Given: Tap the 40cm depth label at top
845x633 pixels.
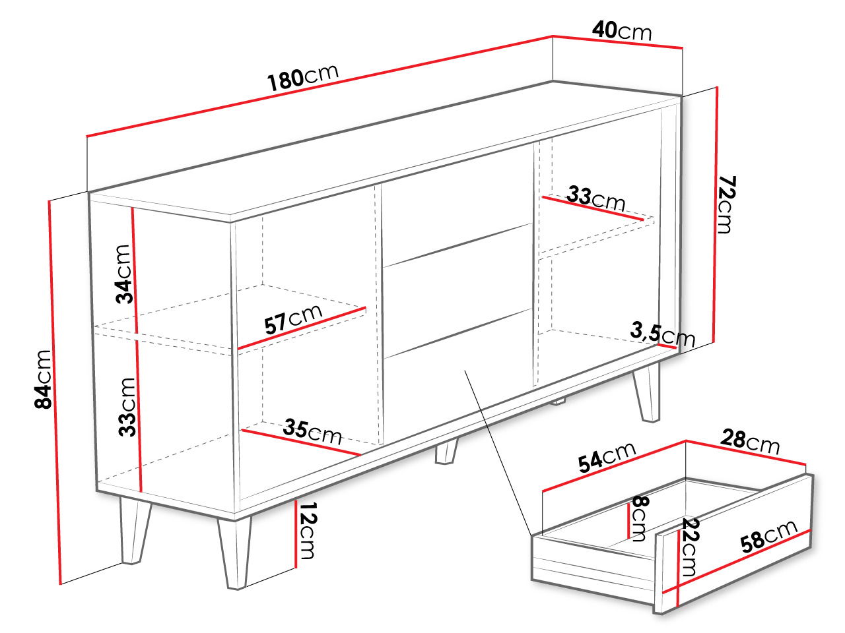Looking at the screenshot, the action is tap(622, 30).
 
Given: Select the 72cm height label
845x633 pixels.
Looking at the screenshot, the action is tap(726, 204).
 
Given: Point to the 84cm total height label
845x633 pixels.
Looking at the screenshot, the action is tap(42, 379).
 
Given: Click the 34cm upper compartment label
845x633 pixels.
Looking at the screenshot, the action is tap(123, 274).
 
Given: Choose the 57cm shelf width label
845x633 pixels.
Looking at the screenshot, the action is tap(293, 319).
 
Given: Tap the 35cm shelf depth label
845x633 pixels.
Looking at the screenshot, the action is tap(312, 432).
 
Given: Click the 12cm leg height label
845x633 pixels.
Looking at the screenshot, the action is tap(306, 530).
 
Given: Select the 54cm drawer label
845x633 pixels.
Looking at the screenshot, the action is tap(607, 457).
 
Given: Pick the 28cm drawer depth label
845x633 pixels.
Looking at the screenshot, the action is tap(750, 442).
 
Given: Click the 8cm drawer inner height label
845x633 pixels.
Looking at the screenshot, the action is tap(640, 518).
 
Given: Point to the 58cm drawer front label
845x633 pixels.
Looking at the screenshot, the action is tap(768, 537).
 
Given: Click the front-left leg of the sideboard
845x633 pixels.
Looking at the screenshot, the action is tap(236, 553).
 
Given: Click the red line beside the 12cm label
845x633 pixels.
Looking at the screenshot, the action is tap(295, 533).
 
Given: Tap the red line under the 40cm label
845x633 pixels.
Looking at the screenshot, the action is tap(617, 42).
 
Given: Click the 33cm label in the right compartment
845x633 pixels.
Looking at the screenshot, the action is tap(595, 198).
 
